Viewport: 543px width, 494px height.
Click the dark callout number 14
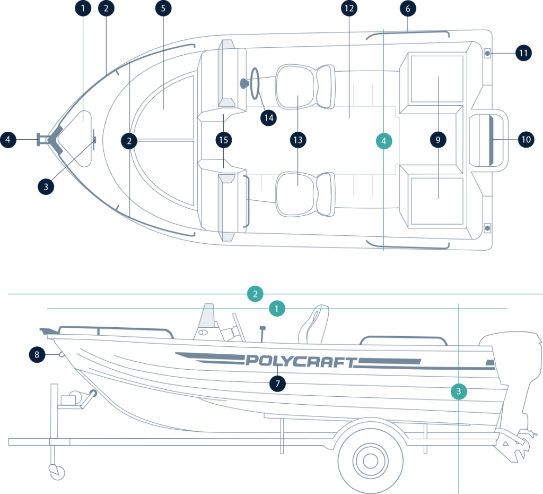pyautogui.click(x=269, y=116)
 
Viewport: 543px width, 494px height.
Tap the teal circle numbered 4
pyautogui.click(x=383, y=141)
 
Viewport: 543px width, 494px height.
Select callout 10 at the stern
pyautogui.click(x=526, y=140)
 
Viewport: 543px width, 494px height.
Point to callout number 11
pyautogui.click(x=523, y=53)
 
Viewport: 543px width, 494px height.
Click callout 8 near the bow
pyautogui.click(x=37, y=354)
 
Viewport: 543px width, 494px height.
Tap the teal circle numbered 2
pyautogui.click(x=255, y=294)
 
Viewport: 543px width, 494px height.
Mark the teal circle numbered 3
pyautogui.click(x=459, y=392)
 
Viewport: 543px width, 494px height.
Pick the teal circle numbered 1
pyautogui.click(x=277, y=308)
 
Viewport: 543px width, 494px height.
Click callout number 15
pyautogui.click(x=224, y=140)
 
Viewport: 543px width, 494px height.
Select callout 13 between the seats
pyautogui.click(x=298, y=140)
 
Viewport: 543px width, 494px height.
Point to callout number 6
pyautogui.click(x=407, y=8)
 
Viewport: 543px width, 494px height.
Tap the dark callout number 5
pyautogui.click(x=163, y=8)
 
